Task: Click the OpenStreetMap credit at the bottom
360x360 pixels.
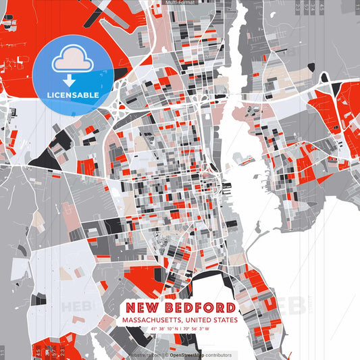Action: (x=189, y=355)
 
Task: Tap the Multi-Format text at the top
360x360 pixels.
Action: (x=181, y=3)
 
